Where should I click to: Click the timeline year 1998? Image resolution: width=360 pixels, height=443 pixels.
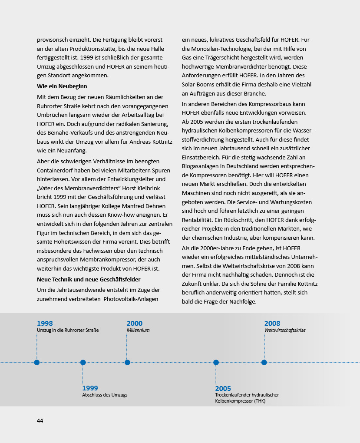point(45,324)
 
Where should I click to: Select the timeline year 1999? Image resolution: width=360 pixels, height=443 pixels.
point(90,388)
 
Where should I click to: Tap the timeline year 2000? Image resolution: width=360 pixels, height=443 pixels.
point(135,324)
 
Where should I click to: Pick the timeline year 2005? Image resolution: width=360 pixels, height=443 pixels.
point(223,389)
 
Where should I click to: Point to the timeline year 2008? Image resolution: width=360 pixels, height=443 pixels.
point(272,324)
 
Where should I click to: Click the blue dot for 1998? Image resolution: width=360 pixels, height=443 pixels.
point(37,362)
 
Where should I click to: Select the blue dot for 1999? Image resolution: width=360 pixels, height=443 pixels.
point(83,362)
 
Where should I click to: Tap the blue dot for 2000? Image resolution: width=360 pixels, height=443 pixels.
point(127,362)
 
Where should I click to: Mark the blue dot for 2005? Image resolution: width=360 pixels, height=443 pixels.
point(216,362)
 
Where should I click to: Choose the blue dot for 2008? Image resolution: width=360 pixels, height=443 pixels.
point(264,362)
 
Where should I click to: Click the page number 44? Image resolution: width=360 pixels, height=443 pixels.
point(40,420)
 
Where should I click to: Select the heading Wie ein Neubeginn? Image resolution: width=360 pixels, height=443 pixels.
point(62,86)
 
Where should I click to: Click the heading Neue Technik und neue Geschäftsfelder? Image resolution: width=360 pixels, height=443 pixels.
point(88,279)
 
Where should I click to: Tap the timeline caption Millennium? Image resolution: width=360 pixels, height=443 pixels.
point(138,331)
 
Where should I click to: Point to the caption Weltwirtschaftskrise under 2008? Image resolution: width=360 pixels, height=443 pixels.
point(285,331)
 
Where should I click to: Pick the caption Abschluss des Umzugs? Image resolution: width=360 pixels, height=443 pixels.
point(105,395)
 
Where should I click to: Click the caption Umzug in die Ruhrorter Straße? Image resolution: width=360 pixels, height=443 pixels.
point(68,331)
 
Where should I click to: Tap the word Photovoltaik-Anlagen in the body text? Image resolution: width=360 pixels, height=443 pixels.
point(131,299)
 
